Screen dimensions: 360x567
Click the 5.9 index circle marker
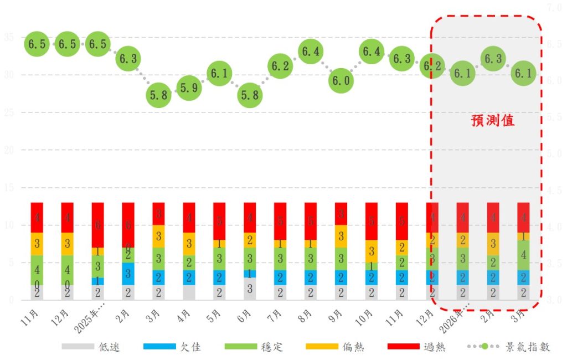(x=189, y=88)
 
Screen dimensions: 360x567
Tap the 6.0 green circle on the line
(x=341, y=81)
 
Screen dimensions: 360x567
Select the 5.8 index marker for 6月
(x=250, y=95)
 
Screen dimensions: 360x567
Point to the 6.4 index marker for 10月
(x=372, y=52)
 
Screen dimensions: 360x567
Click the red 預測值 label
(x=492, y=121)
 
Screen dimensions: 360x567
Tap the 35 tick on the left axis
(x=9, y=38)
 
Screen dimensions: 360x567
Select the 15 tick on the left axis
(x=9, y=187)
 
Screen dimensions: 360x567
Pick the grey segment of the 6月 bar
(x=250, y=289)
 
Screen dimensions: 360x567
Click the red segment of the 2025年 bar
(x=97, y=225)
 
